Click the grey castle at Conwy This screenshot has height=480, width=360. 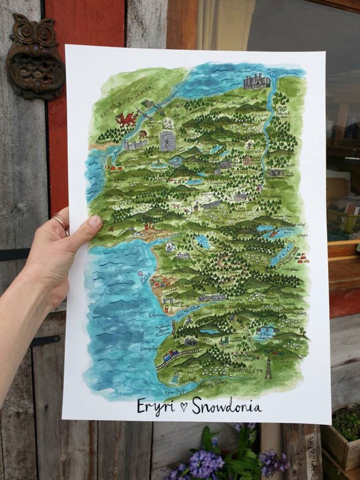click(257, 82)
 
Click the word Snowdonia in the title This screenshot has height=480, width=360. click(227, 407)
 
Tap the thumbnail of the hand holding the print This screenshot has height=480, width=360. click(95, 222)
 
